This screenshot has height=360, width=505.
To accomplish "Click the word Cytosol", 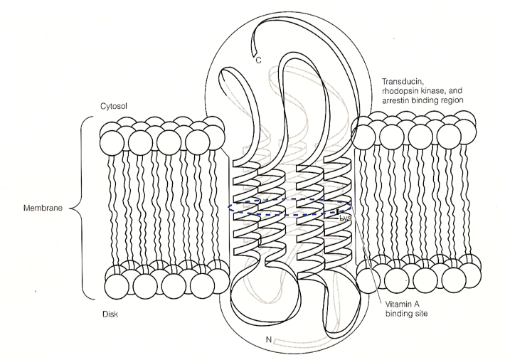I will click(x=114, y=107).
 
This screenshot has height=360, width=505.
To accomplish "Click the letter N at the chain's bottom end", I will click(x=268, y=339).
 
